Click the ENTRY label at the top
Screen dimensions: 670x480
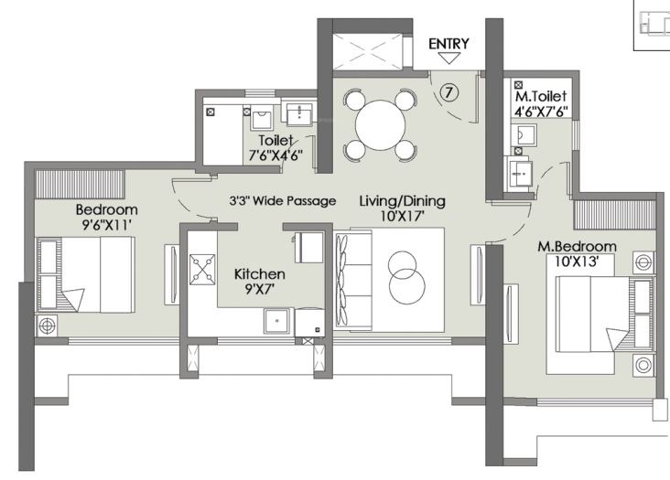(448, 44)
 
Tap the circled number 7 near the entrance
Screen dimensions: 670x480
(448, 92)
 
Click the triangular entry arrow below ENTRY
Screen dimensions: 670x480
(448, 58)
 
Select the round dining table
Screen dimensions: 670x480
(380, 125)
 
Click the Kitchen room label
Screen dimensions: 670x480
(259, 274)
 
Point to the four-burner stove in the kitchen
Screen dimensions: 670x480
(202, 270)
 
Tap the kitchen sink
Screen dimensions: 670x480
(277, 321)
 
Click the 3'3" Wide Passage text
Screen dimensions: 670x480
(283, 200)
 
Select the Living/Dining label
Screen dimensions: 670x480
(402, 201)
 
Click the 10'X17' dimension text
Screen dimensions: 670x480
(402, 217)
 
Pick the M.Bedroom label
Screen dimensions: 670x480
(577, 246)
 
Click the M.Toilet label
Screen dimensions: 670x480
(541, 96)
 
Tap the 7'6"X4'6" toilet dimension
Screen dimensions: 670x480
(276, 155)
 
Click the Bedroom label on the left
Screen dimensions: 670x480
(106, 209)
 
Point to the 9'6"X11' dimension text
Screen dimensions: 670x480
(106, 224)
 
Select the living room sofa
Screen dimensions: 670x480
(353, 281)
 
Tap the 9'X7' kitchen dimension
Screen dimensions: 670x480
(259, 289)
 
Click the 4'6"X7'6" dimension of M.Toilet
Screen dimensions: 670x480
(541, 112)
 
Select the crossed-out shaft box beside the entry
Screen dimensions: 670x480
(367, 51)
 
